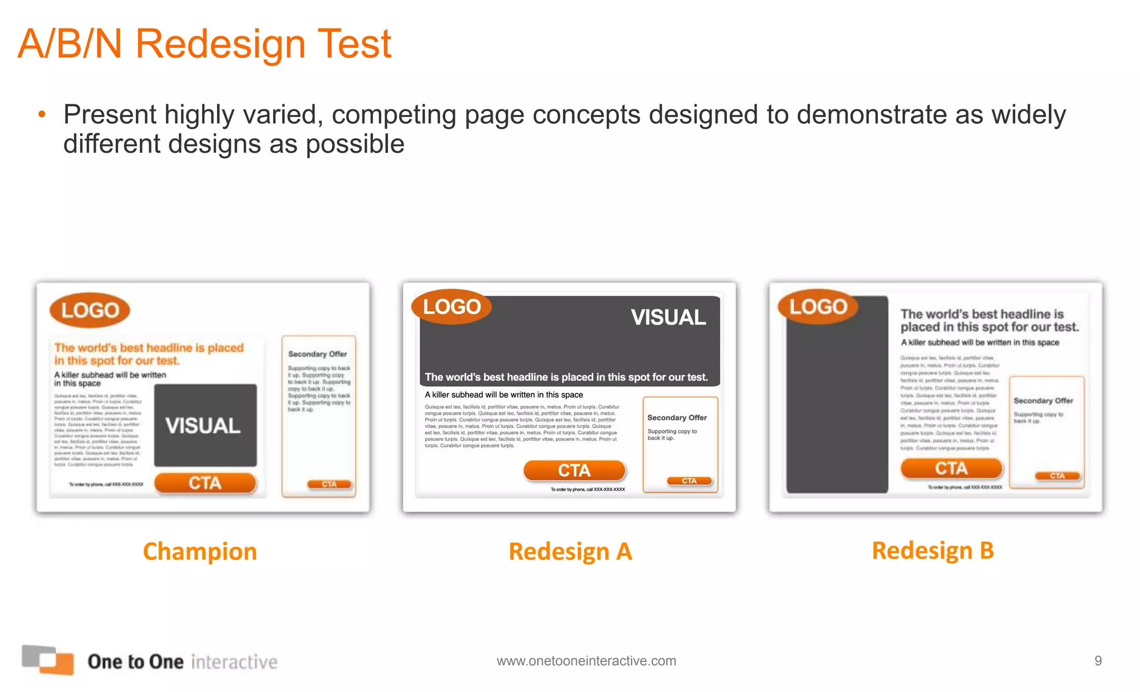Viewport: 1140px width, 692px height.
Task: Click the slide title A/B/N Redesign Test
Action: point(205,44)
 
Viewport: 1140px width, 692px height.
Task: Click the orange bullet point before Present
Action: point(42,115)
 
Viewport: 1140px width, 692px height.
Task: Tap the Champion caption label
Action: point(200,552)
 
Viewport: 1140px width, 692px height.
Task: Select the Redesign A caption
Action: point(570,552)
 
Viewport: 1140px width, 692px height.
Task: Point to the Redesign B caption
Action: point(933,551)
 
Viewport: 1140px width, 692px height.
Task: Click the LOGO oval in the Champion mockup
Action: point(90,310)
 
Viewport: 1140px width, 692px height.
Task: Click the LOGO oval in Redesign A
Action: point(451,307)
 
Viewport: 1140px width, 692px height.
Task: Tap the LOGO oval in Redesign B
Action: point(818,307)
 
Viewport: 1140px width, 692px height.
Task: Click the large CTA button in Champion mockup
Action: point(205,483)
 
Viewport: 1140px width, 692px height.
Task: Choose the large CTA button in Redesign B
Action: point(951,468)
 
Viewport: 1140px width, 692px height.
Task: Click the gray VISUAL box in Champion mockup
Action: point(205,425)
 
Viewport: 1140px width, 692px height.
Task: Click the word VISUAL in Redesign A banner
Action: point(668,317)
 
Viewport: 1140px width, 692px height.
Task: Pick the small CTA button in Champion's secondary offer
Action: point(330,484)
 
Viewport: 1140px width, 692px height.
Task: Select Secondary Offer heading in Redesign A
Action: point(677,418)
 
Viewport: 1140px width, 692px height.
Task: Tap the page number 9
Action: point(1098,661)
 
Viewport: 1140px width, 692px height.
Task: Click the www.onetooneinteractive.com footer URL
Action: point(586,661)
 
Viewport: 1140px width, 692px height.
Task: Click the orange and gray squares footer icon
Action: point(48,660)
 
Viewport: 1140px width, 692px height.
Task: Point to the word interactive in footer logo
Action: point(234,662)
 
